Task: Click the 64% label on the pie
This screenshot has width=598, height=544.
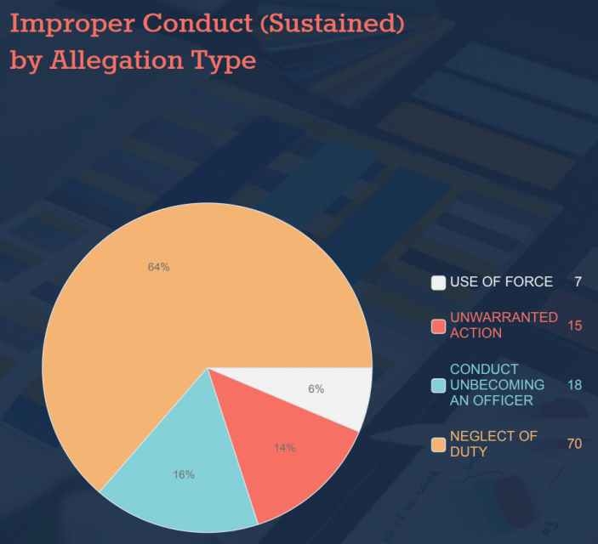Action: click(x=159, y=267)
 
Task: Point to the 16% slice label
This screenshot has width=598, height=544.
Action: click(x=184, y=474)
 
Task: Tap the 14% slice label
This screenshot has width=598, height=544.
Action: click(x=284, y=448)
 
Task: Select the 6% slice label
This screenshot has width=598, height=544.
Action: click(x=316, y=389)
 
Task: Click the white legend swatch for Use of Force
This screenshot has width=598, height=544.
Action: click(x=438, y=283)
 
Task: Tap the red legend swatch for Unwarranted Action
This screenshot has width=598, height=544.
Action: click(x=438, y=326)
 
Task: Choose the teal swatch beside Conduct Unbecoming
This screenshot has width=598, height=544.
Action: click(x=438, y=385)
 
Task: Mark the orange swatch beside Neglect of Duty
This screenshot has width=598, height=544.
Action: click(x=438, y=445)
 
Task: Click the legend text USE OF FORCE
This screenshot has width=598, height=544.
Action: click(x=501, y=282)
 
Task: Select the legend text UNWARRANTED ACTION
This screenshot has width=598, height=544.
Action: click(x=504, y=325)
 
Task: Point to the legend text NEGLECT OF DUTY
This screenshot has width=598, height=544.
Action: click(x=493, y=444)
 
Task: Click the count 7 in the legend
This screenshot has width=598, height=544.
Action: click(x=578, y=282)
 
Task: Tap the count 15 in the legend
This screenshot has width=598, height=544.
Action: click(x=574, y=326)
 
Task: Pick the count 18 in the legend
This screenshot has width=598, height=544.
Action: click(x=574, y=385)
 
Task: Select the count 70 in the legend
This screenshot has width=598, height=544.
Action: click(x=574, y=444)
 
